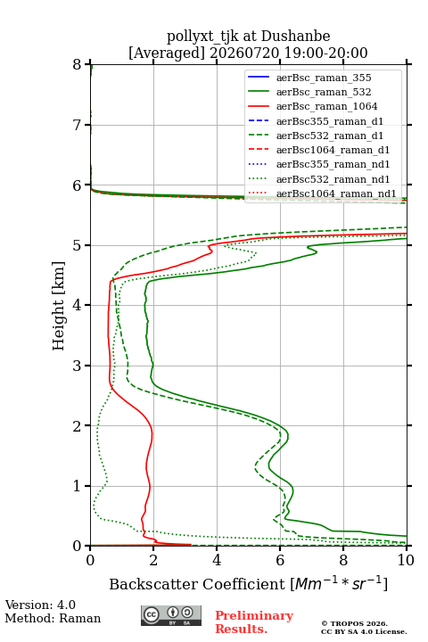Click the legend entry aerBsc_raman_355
tap(324, 78)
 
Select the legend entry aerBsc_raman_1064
tap(326, 106)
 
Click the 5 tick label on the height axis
tap(78, 245)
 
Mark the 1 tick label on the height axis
tap(78, 486)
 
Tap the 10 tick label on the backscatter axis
tap(406, 560)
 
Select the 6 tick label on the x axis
tap(280, 560)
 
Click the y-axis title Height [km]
tap(59, 306)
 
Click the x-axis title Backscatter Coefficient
tap(197, 584)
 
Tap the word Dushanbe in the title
tap(295, 36)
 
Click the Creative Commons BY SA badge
tap(171, 616)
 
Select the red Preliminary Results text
tap(254, 622)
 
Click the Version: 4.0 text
tap(40, 605)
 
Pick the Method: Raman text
tap(53, 618)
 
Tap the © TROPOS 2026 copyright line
tap(355, 623)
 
